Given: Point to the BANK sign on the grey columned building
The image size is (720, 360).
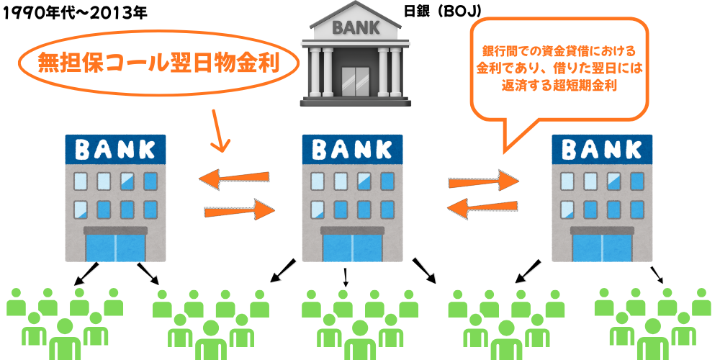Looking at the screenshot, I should click(353, 28).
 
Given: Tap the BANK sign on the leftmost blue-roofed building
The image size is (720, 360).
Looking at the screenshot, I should click(115, 150).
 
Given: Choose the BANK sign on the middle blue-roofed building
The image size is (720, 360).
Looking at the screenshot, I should click(353, 150).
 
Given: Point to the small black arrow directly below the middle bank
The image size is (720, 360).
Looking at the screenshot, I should click(346, 276).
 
